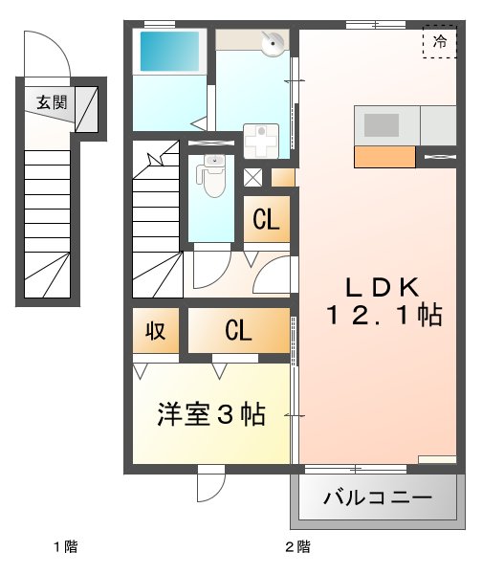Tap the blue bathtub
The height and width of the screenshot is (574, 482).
(170, 52)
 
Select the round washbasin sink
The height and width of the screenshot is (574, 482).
(274, 42)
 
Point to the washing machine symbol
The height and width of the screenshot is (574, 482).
(259, 140)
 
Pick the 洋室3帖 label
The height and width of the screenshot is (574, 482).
(211, 415)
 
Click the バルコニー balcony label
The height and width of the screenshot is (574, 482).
(377, 498)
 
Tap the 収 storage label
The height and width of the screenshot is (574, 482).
(155, 331)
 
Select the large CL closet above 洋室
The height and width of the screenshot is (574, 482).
(238, 331)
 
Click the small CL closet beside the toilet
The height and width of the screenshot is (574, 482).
(265, 220)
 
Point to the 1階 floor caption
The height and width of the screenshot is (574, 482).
(65, 548)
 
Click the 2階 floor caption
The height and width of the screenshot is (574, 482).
(296, 548)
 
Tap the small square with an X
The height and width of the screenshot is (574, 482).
(253, 176)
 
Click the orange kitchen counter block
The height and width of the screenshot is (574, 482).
(384, 157)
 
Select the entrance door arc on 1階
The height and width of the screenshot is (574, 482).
(47, 53)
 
